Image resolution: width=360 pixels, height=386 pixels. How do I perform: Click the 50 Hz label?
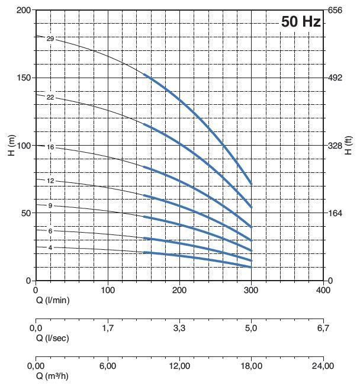(x=301, y=22)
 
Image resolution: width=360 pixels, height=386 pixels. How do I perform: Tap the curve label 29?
(x=50, y=39)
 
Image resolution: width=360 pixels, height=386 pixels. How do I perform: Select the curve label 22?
(x=50, y=97)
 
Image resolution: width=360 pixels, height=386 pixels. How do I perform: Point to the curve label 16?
(x=50, y=146)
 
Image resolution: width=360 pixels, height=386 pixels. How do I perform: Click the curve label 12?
(x=50, y=181)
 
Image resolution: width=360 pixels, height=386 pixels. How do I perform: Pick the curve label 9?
(x=50, y=205)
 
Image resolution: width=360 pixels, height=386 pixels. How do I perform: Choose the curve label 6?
(x=50, y=231)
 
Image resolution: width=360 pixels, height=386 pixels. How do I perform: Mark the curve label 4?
(x=50, y=247)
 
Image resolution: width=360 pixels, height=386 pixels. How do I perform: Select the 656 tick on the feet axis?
(x=336, y=11)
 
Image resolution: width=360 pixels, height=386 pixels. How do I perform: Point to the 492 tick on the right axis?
(x=336, y=78)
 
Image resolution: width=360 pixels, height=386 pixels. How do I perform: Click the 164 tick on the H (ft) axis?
(x=336, y=213)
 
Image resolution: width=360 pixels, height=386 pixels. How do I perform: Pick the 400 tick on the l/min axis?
(x=323, y=291)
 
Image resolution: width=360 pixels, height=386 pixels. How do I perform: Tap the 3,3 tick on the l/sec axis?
(x=179, y=327)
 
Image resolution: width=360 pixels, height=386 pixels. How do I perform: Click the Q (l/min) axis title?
(x=53, y=300)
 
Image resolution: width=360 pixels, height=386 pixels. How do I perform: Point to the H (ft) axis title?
(x=349, y=146)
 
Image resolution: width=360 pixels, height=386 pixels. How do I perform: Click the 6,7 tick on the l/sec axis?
(x=323, y=327)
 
